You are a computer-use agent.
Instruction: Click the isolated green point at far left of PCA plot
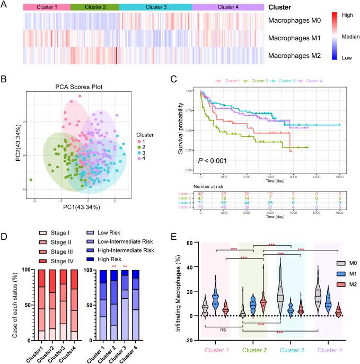pyautogui.click(x=31, y=180)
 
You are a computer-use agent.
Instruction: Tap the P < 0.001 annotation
pyautogui.click(x=212, y=161)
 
